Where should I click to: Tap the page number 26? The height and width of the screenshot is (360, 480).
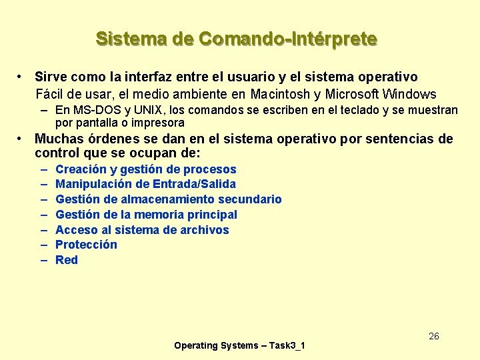[433, 336]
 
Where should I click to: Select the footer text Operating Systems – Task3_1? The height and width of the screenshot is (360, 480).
[239, 345]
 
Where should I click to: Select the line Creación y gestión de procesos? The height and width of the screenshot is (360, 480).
[145, 169]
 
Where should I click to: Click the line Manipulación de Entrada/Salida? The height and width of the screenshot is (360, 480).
[145, 184]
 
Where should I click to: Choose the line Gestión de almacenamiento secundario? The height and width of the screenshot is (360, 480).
[168, 199]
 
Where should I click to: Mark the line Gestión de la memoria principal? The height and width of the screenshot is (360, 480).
[146, 215]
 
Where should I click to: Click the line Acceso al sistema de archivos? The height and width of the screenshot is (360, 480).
[142, 230]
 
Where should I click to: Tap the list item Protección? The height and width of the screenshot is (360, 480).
[86, 245]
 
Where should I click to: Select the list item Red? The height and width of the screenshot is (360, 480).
[67, 260]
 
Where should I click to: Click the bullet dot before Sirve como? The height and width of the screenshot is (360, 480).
[22, 77]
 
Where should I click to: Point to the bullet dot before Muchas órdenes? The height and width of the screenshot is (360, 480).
[22, 139]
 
